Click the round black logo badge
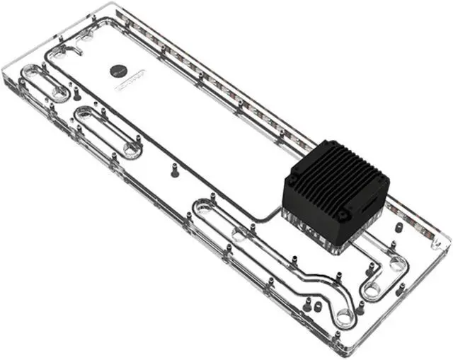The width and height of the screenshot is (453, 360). (117, 69)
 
